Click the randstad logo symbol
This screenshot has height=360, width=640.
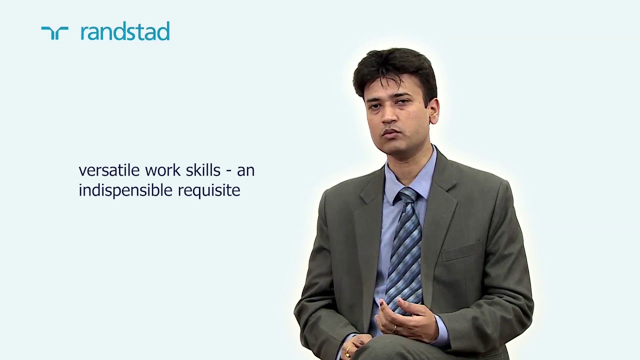[54, 33]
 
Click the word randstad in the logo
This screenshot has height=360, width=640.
[125, 31]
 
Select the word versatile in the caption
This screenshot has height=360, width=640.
[109, 170]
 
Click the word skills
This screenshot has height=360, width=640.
[203, 170]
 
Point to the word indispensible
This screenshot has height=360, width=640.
[125, 190]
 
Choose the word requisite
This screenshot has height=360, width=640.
[209, 190]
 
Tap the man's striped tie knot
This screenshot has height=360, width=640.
[406, 195]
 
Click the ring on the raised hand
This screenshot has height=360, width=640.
[394, 328]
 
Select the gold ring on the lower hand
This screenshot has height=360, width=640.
[348, 350]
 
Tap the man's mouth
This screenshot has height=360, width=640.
[391, 133]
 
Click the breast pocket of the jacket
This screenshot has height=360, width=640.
[462, 251]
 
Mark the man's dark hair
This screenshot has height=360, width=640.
[395, 70]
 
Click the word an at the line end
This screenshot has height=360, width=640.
[245, 170]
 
